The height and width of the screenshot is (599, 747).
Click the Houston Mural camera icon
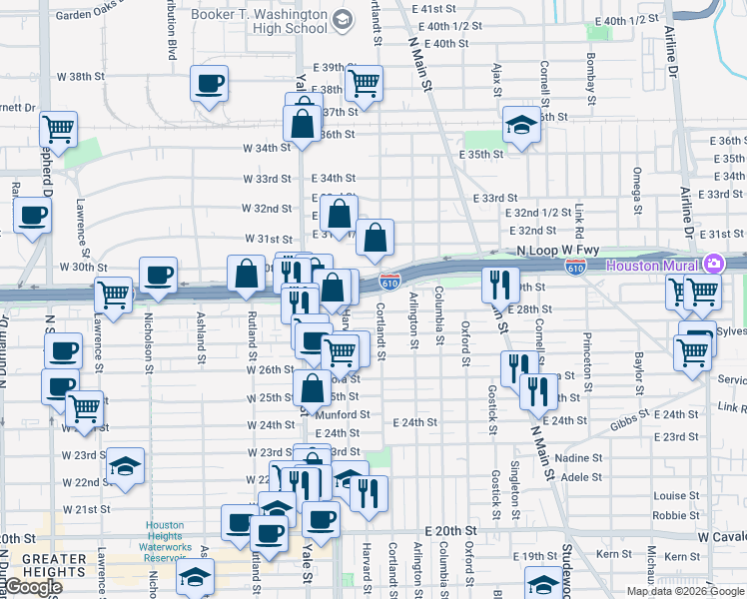tap(714, 265)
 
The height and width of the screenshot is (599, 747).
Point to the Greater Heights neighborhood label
tap(54, 565)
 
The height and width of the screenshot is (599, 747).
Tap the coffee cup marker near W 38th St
tap(210, 83)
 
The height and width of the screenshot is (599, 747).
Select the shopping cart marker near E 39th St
tap(365, 83)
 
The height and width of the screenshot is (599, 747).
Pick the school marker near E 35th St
tap(520, 125)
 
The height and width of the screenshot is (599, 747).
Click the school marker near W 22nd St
tap(126, 465)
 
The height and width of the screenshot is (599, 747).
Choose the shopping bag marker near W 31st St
tap(374, 238)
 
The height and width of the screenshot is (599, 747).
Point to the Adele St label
tap(580, 477)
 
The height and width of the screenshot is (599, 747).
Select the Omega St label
tap(635, 188)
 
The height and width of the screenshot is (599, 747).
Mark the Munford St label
tap(346, 413)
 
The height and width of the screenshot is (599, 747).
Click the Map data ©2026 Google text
tap(685, 591)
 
